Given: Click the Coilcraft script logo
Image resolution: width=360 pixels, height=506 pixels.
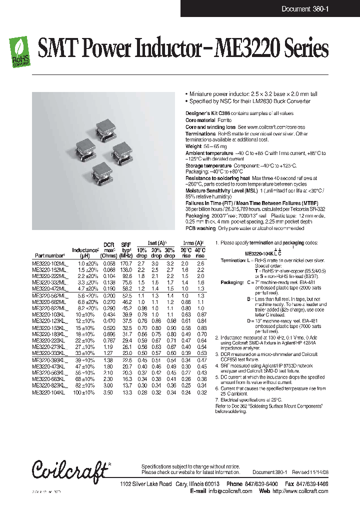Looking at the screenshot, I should point(70,470).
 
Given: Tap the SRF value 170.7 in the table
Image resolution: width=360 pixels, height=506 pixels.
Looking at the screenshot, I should point(125,263).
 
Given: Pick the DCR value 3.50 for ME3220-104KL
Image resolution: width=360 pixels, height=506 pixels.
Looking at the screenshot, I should point(108,393).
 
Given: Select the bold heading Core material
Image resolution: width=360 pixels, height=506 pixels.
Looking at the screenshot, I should point(200,120).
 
